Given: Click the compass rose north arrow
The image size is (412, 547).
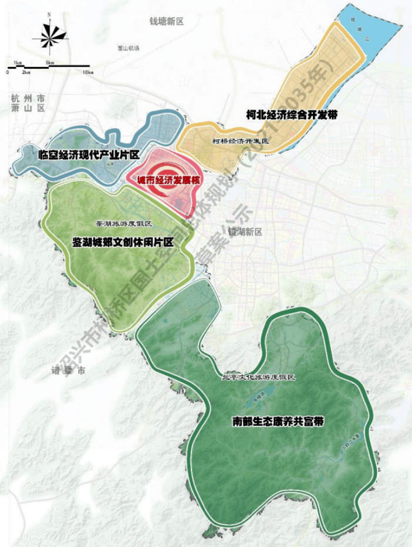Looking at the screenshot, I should coord(50,35).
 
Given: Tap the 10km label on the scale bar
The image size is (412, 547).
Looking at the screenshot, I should coord(89,72).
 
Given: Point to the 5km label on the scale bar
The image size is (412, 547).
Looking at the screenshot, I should coord(49,62).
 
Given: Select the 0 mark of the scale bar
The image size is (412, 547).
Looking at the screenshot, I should coord(7,72).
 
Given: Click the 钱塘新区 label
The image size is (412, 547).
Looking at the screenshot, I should coord(167,21).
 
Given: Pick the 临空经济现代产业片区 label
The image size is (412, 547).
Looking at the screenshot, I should coord(87,155).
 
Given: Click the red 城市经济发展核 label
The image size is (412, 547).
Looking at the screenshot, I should coord(168,181).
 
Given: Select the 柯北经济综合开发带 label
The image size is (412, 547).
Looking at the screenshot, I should coord(292,116).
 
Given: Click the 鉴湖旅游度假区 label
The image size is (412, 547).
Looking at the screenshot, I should coord(124,224).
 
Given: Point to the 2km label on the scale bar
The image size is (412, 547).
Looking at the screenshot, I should coord(26,72).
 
